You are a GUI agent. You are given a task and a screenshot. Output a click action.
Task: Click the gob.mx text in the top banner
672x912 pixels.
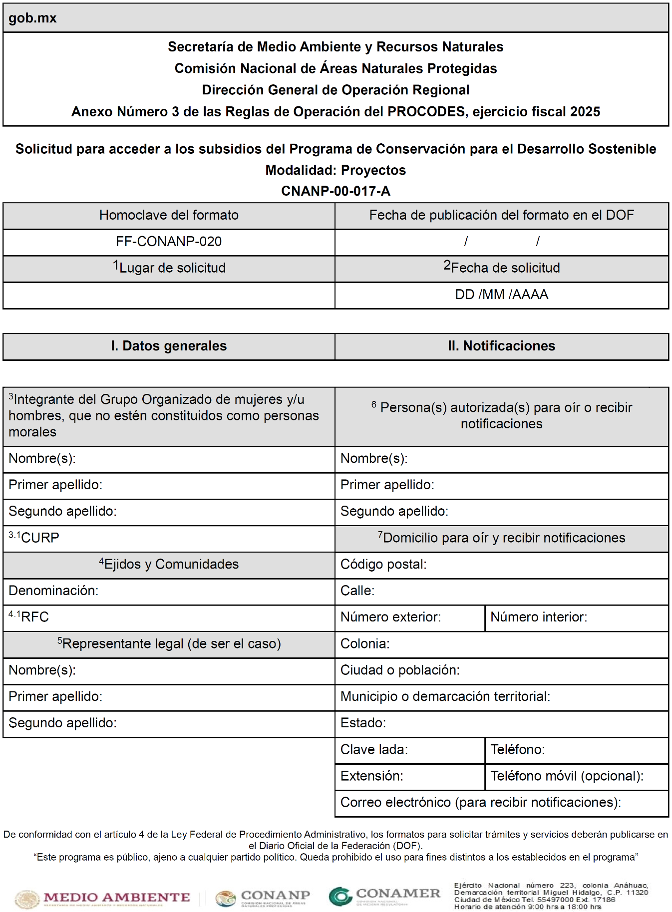pyautogui.click(x=32, y=18)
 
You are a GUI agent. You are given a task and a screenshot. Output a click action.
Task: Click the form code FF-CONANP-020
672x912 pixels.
pyautogui.click(x=169, y=242)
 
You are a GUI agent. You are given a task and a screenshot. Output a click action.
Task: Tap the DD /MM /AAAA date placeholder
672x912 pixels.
pyautogui.click(x=501, y=295)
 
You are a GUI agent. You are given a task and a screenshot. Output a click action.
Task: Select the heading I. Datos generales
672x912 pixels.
pyautogui.click(x=169, y=346)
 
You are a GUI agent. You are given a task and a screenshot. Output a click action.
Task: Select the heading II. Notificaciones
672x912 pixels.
pyautogui.click(x=501, y=346)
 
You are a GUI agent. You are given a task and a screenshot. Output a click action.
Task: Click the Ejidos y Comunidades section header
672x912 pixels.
pyautogui.click(x=169, y=564)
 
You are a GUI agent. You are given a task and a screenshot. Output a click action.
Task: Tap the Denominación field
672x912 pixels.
pyautogui.click(x=169, y=591)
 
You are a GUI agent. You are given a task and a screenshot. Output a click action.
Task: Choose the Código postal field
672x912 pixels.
pyautogui.click(x=501, y=565)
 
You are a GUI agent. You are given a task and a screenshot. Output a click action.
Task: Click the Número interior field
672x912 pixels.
pyautogui.click(x=576, y=617)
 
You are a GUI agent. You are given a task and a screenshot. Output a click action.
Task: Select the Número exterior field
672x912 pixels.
pyautogui.click(x=409, y=617)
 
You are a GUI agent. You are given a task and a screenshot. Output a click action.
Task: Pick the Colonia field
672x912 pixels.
pyautogui.click(x=501, y=644)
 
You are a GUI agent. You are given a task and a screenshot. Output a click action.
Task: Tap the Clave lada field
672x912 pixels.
pyautogui.click(x=409, y=750)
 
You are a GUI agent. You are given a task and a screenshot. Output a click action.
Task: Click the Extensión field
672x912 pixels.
pyautogui.click(x=409, y=776)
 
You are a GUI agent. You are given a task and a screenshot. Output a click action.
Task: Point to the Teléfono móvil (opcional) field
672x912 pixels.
pyautogui.click(x=576, y=776)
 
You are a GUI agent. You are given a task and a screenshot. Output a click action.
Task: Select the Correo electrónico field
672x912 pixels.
pyautogui.click(x=501, y=803)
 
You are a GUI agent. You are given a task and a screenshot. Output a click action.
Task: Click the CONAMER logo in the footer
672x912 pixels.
pyautogui.click(x=385, y=896)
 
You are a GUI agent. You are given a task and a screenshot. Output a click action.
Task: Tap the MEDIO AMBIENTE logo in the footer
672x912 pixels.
pyautogui.click(x=103, y=898)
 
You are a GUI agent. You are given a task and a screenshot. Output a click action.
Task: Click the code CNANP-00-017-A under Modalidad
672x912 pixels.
pyautogui.click(x=336, y=191)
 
